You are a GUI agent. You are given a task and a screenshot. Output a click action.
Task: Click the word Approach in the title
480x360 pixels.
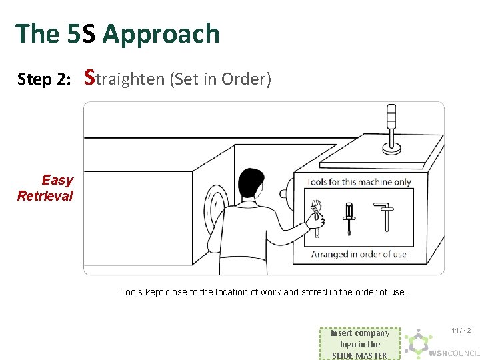[161, 33]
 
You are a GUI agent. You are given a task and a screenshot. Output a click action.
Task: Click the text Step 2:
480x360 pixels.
[44, 79]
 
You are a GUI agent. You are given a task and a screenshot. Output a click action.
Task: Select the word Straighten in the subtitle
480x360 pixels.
[125, 78]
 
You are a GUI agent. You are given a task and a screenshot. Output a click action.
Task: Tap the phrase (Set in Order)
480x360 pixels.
[221, 79]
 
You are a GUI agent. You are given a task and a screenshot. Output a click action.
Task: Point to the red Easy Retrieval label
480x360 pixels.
[46, 188]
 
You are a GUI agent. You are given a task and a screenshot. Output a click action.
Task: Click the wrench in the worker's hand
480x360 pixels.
[316, 216]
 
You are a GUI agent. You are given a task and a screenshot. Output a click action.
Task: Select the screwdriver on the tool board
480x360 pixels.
[349, 218]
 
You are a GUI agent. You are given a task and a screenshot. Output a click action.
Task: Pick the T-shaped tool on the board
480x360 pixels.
[385, 216]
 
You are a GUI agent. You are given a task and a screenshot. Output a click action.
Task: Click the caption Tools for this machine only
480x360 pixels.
[359, 182]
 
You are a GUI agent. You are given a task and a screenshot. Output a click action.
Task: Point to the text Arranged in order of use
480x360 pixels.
[359, 254]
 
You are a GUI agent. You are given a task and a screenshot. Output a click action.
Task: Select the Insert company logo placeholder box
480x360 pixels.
[359, 344]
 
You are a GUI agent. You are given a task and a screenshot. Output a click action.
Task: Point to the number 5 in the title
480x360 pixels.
[73, 33]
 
